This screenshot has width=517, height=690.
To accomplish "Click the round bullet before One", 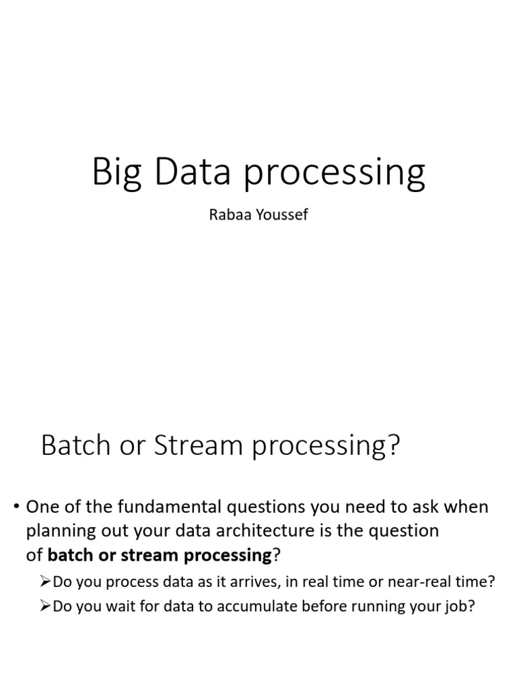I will [15, 507].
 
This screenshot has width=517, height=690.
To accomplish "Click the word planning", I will [55, 532].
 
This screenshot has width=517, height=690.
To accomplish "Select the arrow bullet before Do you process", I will [45, 582].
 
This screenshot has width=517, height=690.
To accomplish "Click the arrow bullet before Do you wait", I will [45, 606].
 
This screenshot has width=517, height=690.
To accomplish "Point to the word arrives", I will [246, 582].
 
